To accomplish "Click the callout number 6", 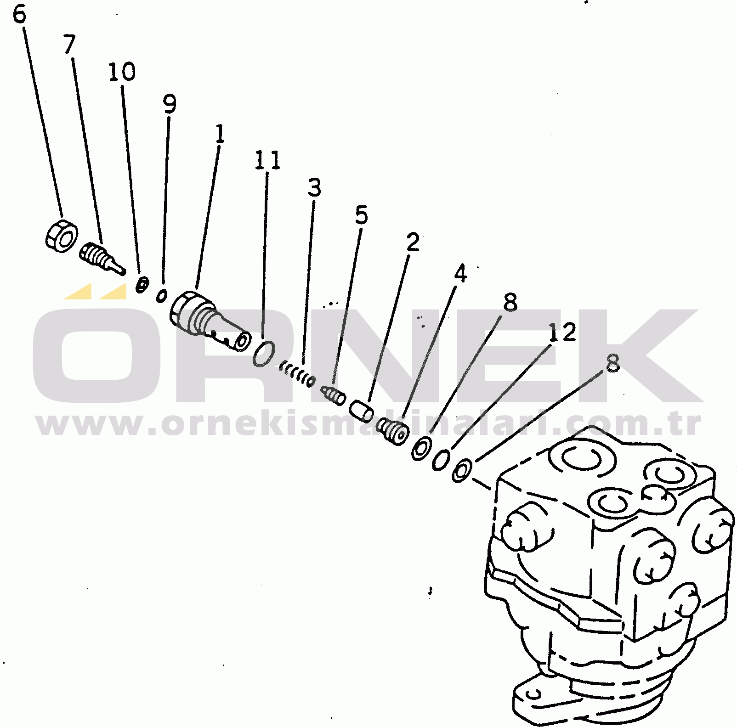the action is click(19, 14).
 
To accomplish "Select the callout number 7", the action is click(69, 44).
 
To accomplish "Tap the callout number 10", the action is click(122, 72).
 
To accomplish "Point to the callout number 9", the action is click(170, 104).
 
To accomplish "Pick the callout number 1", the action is click(220, 134).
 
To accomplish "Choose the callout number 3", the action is click(314, 187).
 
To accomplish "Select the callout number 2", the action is click(413, 242).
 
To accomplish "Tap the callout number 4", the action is click(460, 273).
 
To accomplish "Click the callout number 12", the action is click(562, 332).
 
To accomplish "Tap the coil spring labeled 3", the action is click(298, 374).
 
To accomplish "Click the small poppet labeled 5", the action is click(334, 396).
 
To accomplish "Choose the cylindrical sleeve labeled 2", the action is click(362, 411).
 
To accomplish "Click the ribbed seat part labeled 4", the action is click(393, 431).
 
